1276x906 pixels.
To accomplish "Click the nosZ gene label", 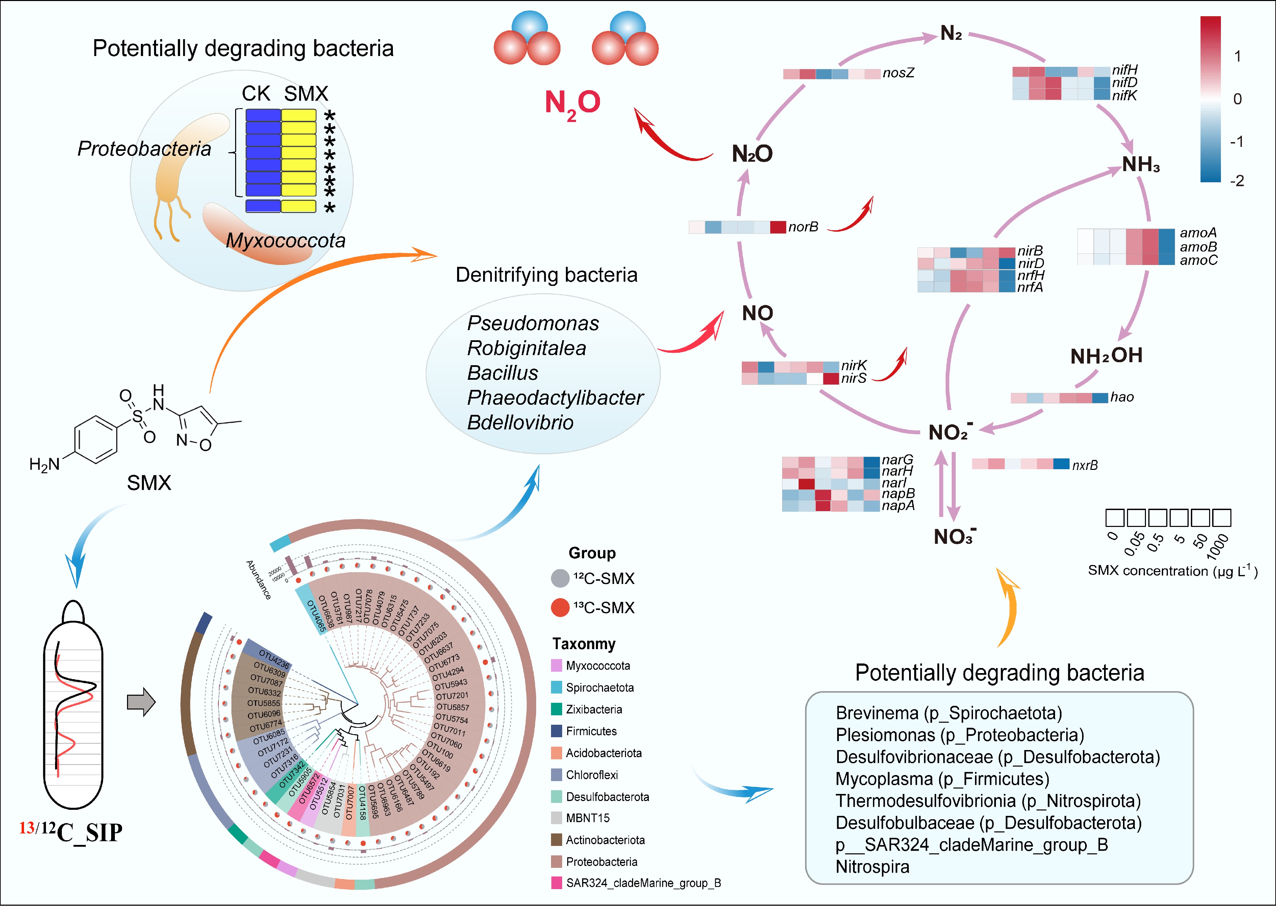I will tap(898, 73).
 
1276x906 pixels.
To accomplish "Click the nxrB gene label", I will tap(1084, 465).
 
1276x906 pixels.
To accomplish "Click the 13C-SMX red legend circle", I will tap(560, 608).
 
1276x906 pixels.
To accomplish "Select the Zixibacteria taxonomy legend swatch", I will tap(556, 709).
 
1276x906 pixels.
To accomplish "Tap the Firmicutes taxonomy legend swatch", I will tap(556, 731).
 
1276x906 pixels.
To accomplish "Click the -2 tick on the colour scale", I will tap(1237, 181).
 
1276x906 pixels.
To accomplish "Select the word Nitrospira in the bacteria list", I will tap(872, 867).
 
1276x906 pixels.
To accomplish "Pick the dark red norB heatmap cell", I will tap(778, 227).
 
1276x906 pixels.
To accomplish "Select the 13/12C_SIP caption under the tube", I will tap(71, 832).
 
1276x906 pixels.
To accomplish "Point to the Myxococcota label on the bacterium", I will tap(285, 240).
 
